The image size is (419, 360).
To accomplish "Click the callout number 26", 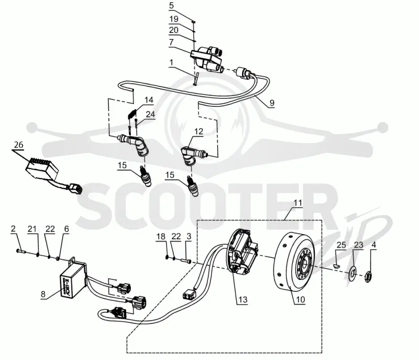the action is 18,145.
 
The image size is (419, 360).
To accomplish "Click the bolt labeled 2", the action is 20,251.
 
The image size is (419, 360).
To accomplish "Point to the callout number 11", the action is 297,203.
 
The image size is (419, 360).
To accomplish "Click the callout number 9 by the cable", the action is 272,103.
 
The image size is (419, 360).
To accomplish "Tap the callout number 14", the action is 149,100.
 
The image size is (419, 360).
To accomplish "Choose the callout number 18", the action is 161,236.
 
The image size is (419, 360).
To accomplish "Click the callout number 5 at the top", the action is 171,5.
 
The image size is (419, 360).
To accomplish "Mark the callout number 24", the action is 150,114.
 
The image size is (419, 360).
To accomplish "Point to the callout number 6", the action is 67,229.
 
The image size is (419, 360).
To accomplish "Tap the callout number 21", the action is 32,229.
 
